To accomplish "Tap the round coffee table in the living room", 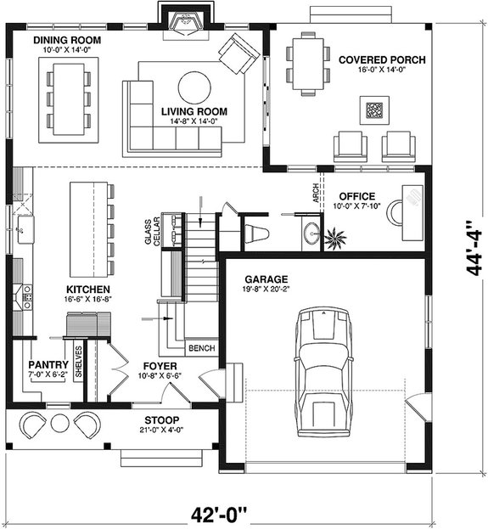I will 194,87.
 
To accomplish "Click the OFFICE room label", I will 357,195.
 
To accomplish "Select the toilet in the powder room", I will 255,232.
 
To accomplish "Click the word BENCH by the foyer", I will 201,348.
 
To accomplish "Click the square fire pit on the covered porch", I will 374,109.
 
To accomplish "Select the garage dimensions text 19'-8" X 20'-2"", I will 266,290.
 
